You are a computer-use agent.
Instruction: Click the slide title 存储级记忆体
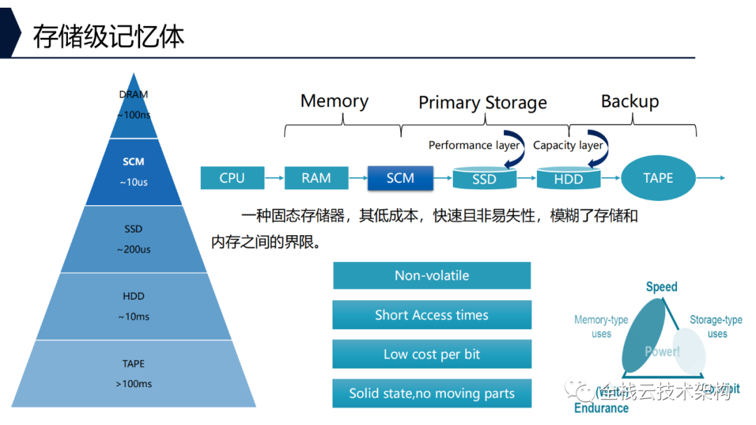[x=108, y=36]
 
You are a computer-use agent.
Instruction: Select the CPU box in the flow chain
[x=232, y=178]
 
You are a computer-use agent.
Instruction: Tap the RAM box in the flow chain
[x=316, y=178]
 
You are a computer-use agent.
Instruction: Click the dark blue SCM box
[x=400, y=178]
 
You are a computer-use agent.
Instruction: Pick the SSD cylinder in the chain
[x=484, y=179]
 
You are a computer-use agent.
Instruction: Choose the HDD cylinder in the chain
[x=568, y=179]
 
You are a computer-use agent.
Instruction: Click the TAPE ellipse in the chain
[x=658, y=178]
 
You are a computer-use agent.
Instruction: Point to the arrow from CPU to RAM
[x=274, y=178]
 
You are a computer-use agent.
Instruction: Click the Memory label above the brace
[x=334, y=101]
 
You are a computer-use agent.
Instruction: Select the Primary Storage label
[x=482, y=103]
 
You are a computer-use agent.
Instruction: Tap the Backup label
[x=630, y=101]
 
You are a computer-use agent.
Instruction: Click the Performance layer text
[x=474, y=146]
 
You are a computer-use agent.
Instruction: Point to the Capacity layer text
[x=568, y=146]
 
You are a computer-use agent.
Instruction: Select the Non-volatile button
[x=432, y=275]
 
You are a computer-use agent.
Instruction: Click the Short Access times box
[x=432, y=315]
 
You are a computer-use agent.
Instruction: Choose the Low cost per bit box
[x=432, y=354]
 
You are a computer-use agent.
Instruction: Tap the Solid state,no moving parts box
[x=432, y=393]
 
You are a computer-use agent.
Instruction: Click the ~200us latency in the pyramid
[x=134, y=249]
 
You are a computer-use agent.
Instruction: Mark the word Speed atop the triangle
[x=661, y=286]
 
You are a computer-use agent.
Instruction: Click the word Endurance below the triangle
[x=601, y=408]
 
